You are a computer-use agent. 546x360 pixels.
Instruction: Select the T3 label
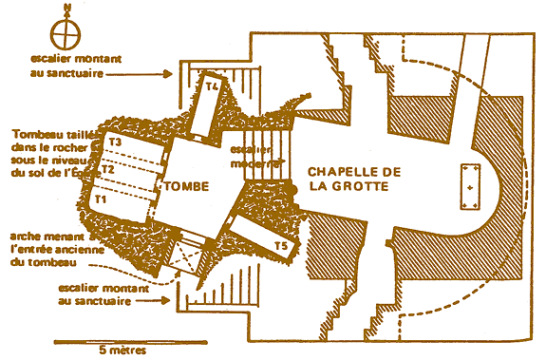[116, 142]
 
